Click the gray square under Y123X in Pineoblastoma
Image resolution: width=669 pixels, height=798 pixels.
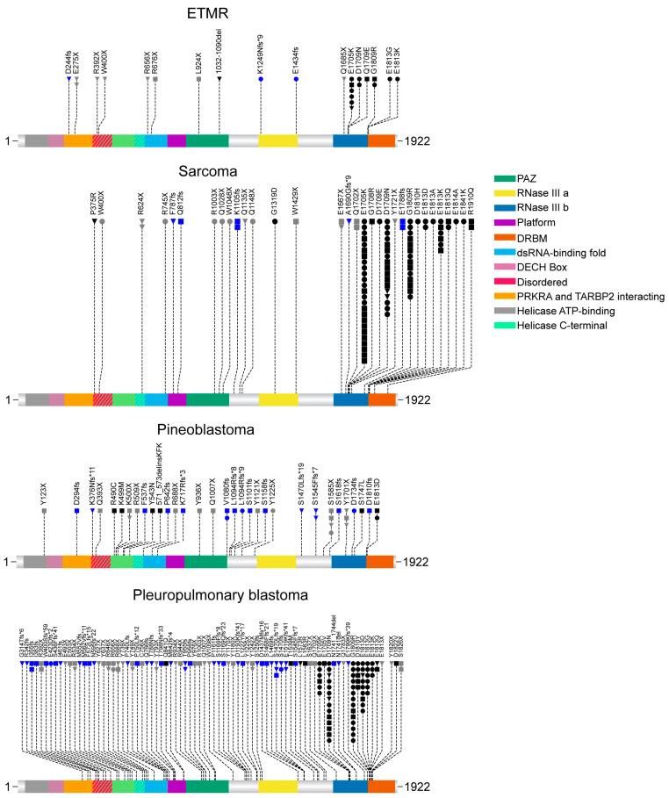tap(44, 511)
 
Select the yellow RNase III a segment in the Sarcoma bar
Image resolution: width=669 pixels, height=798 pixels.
tap(278, 399)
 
